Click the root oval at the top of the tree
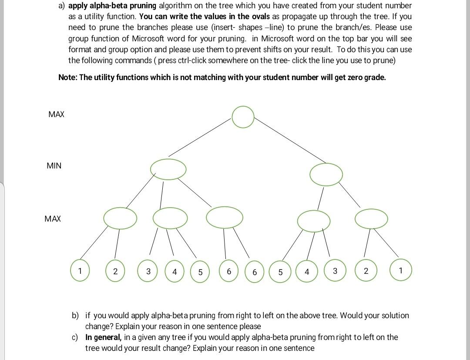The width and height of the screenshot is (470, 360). tap(243, 117)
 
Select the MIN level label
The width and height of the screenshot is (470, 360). tap(54, 165)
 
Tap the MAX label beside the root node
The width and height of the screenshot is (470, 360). tap(57, 114)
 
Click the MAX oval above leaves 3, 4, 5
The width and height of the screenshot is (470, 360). tap(170, 218)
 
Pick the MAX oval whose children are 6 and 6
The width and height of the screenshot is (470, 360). tap(225, 217)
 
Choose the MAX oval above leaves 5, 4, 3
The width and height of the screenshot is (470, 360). tap(314, 221)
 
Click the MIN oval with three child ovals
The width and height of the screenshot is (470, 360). tap(168, 169)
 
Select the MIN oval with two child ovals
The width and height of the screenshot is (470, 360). tap(326, 174)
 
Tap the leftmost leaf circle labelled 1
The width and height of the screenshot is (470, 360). tap(80, 270)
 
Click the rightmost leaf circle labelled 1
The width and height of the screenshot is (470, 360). tap(400, 270)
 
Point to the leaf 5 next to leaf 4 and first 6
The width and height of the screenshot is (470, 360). tap(200, 272)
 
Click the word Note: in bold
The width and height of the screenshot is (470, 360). tap(68, 77)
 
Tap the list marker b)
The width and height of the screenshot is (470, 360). tap(76, 315)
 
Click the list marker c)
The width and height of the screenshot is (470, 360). tap(76, 337)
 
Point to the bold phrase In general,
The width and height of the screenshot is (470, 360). tap(104, 337)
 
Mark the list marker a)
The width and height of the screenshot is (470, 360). tap(61, 6)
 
